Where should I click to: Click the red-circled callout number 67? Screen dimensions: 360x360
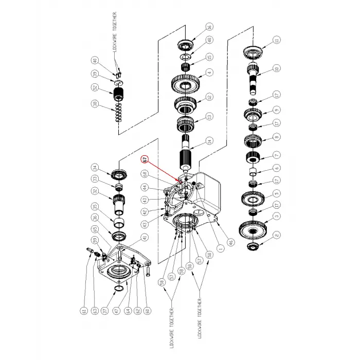click(x=146, y=159)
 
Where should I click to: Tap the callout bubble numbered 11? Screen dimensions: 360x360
click(x=276, y=40)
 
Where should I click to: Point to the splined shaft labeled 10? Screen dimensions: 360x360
click(x=255, y=75)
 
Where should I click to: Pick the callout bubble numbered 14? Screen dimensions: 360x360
click(x=209, y=140)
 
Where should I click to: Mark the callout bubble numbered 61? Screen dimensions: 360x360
click(x=82, y=310)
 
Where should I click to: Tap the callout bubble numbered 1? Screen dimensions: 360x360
click(x=221, y=249)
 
